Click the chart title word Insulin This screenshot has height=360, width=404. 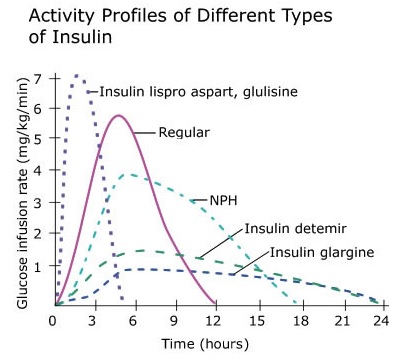pyautogui.click(x=89, y=40)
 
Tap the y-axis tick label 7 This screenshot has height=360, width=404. pyautogui.click(x=37, y=78)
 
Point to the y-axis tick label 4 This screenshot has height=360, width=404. pyautogui.click(x=37, y=172)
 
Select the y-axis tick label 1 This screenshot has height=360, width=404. pyautogui.click(x=37, y=266)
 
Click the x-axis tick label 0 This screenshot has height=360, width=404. pyautogui.click(x=53, y=321)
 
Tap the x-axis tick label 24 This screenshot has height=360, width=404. pyautogui.click(x=380, y=321)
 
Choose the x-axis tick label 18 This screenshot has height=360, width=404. pyautogui.click(x=298, y=321)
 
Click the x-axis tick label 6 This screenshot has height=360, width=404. pyautogui.click(x=135, y=321)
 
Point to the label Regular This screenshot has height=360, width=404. pyautogui.click(x=183, y=131)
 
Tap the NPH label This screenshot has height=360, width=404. pyautogui.click(x=224, y=199)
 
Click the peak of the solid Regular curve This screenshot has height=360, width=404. pyautogui.click(x=119, y=115)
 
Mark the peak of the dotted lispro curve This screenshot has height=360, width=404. pyautogui.click(x=77, y=75)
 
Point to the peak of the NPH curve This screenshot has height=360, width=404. pyautogui.click(x=128, y=174)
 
